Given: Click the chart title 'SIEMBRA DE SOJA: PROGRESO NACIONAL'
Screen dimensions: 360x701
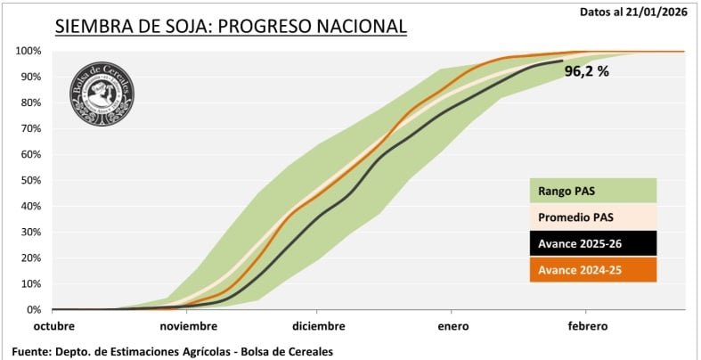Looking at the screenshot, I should (x=231, y=26).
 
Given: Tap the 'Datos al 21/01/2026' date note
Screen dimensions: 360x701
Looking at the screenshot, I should (x=633, y=12).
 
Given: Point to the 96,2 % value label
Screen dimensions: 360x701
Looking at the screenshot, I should (x=587, y=71).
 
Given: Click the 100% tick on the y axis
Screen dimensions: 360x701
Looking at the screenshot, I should (x=28, y=51).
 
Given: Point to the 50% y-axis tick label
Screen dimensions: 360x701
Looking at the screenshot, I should (x=30, y=180).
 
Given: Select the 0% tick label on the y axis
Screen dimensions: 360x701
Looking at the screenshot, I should (x=33, y=309).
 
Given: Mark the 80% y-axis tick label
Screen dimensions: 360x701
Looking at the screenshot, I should (x=30, y=102).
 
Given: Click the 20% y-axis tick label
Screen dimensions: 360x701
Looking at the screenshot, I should (x=30, y=258).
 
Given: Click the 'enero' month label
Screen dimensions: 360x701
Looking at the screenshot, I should (x=452, y=326).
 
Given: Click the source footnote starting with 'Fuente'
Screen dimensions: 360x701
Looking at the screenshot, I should (x=173, y=351).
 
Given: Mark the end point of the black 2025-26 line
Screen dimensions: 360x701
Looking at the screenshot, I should (x=562, y=61).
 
